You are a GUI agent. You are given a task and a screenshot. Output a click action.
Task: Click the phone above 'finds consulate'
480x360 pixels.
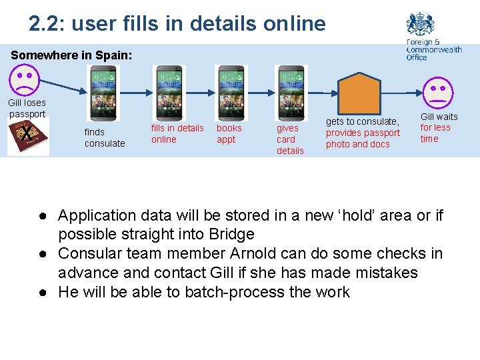pyautogui.click(x=103, y=93)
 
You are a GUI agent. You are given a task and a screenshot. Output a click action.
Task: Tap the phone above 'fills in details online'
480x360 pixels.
pyautogui.click(x=169, y=93)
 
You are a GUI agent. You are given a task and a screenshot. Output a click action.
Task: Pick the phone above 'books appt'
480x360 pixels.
pyautogui.click(x=231, y=93)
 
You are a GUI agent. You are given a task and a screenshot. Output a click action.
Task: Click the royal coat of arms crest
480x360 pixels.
pyautogui.click(x=420, y=25)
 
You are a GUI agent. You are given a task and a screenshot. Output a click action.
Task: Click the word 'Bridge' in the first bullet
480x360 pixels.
pyautogui.click(x=231, y=234)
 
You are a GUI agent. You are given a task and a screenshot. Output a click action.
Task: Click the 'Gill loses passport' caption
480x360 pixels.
pyautogui.click(x=27, y=108)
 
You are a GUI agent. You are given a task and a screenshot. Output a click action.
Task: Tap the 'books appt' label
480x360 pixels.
pyautogui.click(x=229, y=133)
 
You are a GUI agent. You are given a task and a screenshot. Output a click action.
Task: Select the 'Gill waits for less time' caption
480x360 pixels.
pyautogui.click(x=438, y=127)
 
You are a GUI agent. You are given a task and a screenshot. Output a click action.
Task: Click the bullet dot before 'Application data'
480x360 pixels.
pyautogui.click(x=41, y=216)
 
